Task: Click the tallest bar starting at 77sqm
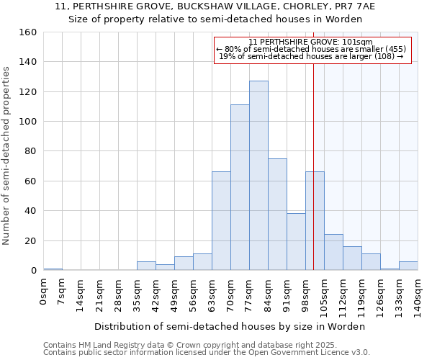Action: click(258, 176)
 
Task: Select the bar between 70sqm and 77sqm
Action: click(240, 187)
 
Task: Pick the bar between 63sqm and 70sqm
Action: click(221, 221)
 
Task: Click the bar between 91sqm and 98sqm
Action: click(296, 242)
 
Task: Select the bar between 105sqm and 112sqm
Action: click(333, 252)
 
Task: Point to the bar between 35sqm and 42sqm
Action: click(146, 266)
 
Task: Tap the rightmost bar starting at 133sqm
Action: click(408, 266)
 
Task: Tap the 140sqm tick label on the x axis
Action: click(418, 297)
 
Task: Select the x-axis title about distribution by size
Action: click(230, 326)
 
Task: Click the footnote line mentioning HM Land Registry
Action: click(175, 345)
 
